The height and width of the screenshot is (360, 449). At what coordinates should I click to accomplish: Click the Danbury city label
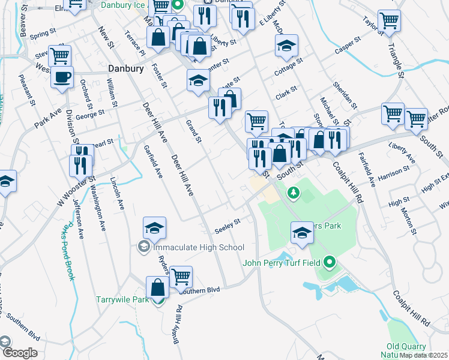pyautogui.click(x=126, y=68)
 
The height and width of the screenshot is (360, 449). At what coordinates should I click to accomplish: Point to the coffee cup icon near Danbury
pyautogui.click(x=62, y=77)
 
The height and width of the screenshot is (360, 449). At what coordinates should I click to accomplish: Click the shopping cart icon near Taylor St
pyautogui.click(x=390, y=22)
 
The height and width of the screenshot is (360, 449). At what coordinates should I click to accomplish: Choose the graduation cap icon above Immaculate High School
pyautogui.click(x=155, y=228)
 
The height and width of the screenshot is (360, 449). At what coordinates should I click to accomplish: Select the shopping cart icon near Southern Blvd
pyautogui.click(x=181, y=277)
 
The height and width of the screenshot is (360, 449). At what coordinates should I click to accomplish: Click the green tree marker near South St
pyautogui.click(x=293, y=193)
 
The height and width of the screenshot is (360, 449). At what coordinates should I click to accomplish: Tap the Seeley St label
pyautogui.click(x=228, y=225)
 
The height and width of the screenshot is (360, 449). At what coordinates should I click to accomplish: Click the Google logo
pyautogui.click(x=19, y=353)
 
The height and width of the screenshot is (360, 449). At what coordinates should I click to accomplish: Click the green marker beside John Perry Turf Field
pyautogui.click(x=329, y=262)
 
